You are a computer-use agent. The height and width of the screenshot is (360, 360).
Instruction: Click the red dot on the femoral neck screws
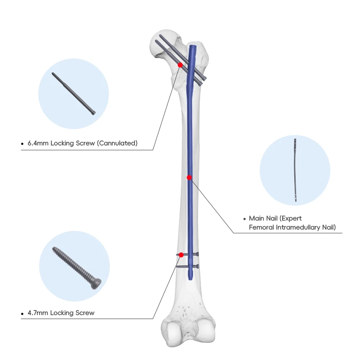pos(180,65)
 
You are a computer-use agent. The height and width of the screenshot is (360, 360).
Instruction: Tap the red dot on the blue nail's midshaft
pos(189,177)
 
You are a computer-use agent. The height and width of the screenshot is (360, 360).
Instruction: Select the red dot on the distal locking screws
pos(181,255)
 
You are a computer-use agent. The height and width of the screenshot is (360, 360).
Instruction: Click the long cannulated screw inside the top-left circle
pos(73,94)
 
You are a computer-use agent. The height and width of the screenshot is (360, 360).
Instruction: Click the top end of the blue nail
pos(193,46)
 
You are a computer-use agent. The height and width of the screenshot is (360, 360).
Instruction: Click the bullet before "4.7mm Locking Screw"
pos(22,313)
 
